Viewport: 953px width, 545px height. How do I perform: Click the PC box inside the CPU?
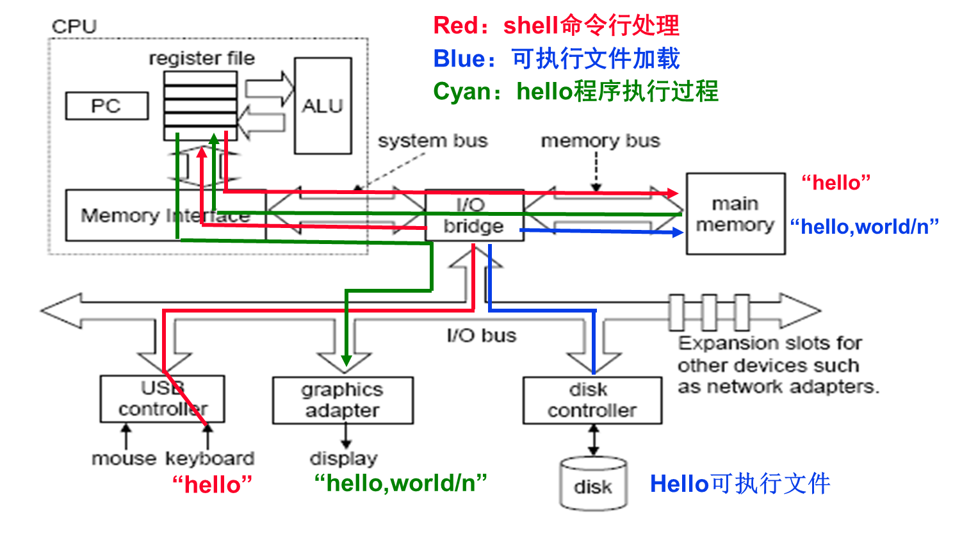pos(106,106)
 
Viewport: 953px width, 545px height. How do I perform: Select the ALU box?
pos(323,106)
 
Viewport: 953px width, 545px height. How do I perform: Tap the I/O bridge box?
pos(474,216)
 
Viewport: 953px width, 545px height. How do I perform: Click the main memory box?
pos(735,214)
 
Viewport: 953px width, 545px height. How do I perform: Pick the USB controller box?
pos(162,398)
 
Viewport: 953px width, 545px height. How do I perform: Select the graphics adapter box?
pos(343,400)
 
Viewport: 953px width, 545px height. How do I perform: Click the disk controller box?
pos(592,400)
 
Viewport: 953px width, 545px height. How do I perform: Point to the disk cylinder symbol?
pos(593,484)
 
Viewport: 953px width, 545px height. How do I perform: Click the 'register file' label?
pos(202,58)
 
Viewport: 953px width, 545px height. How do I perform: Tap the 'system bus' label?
pos(432,141)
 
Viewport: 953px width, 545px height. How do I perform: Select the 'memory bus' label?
pos(600,141)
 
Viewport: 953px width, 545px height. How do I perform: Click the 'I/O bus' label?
pos(482,336)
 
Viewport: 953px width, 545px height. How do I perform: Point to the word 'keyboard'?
pos(210,459)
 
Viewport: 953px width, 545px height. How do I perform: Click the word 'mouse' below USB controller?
pos(124,459)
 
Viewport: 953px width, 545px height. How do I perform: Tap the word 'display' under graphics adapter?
pos(343,459)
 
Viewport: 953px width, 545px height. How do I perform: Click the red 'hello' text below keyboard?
pos(212,485)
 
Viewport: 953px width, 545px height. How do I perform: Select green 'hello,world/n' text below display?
pos(400,483)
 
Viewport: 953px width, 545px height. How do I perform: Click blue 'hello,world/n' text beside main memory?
pos(864,226)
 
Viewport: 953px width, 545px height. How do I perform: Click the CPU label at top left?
pos(74,27)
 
